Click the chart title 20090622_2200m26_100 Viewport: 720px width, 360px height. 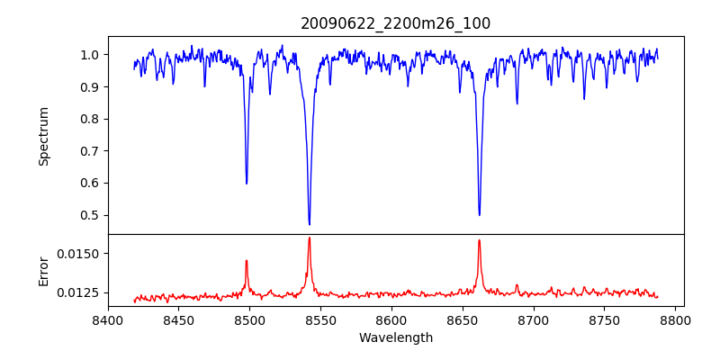point(395,23)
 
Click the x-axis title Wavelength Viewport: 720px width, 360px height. point(395,337)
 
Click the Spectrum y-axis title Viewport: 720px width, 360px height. point(44,136)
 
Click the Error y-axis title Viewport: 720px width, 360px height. point(44,271)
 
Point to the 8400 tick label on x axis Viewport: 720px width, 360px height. point(108,319)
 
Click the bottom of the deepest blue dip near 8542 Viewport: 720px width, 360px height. point(309,224)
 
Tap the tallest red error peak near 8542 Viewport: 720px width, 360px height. point(309,238)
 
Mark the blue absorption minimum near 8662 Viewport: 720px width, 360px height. point(479,214)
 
